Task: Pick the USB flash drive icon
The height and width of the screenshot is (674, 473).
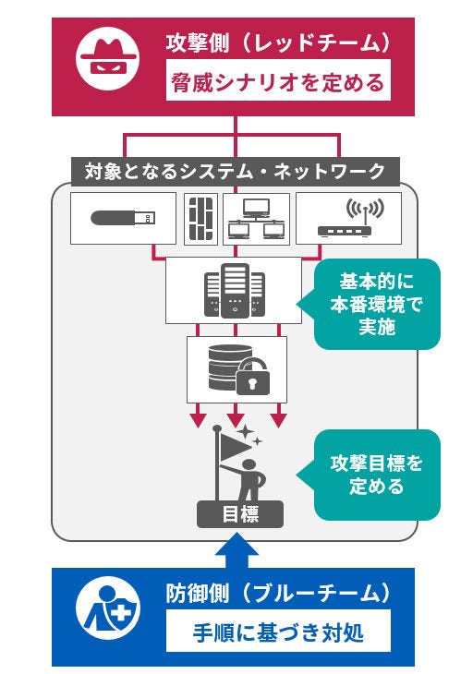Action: point(124,219)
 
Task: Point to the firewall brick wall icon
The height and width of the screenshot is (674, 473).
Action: point(201,219)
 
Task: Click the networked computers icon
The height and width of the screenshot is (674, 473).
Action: point(254,219)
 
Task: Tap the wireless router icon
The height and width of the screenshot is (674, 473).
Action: point(348,219)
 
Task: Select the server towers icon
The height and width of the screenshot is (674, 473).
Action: point(234,290)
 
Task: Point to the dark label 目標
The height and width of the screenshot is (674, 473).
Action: point(234,514)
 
